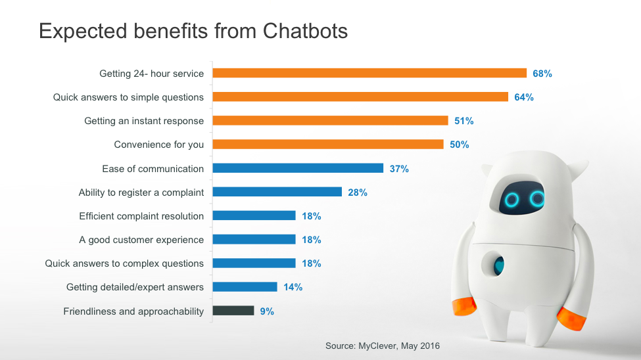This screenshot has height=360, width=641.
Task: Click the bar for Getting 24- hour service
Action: click(369, 73)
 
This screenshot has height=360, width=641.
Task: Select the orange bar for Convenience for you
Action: click(327, 145)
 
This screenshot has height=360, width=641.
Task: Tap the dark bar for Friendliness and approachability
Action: click(233, 311)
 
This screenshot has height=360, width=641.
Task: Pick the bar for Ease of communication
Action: click(297, 168)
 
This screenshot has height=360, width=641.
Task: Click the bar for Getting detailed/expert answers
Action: click(245, 287)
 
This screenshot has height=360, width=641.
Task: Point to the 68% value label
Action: click(542, 74)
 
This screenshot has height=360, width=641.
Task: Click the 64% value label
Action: click(524, 97)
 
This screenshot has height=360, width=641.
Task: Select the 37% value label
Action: click(399, 169)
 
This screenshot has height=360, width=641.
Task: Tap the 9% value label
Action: click(267, 311)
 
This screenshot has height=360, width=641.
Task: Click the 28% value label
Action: click(358, 192)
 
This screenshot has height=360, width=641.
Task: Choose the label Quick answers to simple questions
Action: click(128, 97)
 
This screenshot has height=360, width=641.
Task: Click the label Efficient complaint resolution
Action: click(141, 216)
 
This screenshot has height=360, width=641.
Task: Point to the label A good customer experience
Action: click(141, 240)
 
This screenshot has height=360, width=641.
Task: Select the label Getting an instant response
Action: click(144, 121)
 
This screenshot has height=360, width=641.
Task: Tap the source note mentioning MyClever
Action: click(383, 346)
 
